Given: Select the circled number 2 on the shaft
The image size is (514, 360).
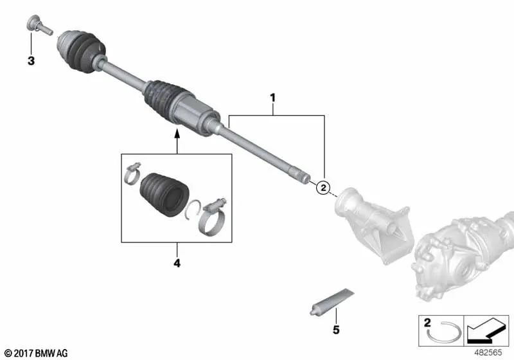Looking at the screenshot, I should [324, 187].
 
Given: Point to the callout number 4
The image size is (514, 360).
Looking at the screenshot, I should [177, 263].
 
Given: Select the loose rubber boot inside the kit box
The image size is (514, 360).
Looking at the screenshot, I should [163, 191].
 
